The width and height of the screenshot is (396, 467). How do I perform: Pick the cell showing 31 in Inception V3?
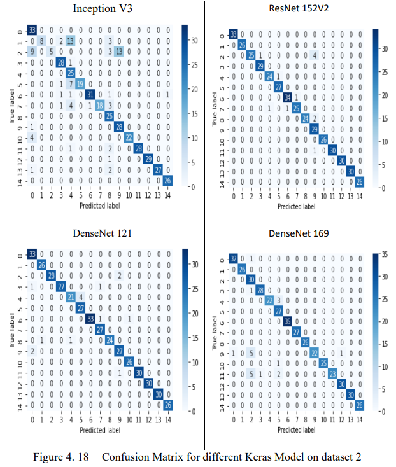[x=90, y=95]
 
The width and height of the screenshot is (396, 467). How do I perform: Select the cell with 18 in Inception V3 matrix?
[x=100, y=105]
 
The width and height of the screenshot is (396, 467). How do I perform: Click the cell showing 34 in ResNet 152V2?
[x=289, y=97]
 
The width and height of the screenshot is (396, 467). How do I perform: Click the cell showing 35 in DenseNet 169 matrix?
[x=289, y=322]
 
